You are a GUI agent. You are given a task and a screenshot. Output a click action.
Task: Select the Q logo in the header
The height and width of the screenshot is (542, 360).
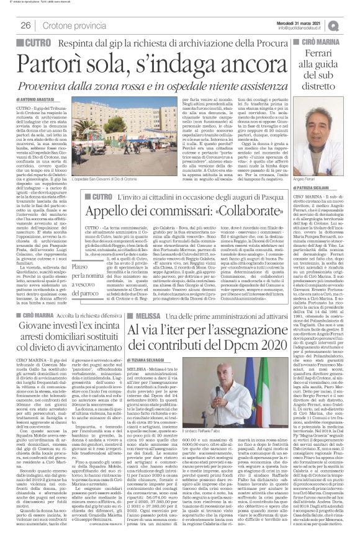[x=351, y=25]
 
